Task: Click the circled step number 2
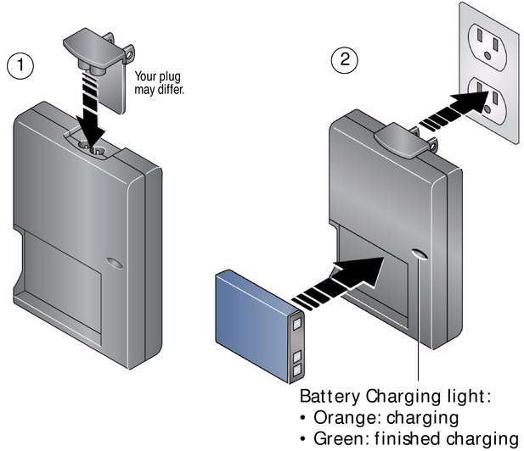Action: point(344,59)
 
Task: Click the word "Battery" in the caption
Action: point(330,397)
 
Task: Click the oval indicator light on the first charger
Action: point(115,263)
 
